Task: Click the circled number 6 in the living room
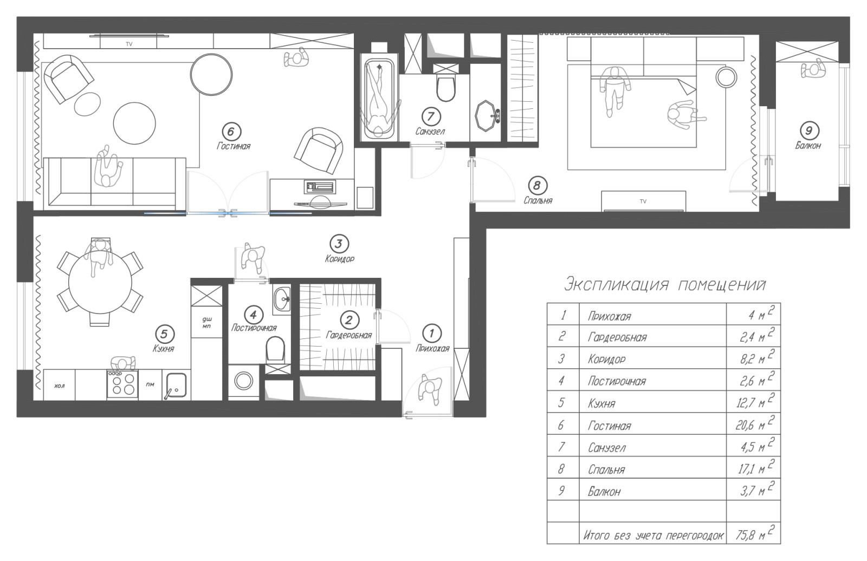(231, 132)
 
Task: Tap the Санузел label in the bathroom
(430, 132)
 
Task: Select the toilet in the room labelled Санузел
(445, 87)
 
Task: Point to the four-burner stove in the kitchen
(122, 384)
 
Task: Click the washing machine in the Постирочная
(243, 381)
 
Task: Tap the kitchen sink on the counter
(176, 384)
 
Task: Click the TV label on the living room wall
(129, 44)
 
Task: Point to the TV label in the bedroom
(643, 201)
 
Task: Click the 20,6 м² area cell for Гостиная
(753, 423)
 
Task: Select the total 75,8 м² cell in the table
(753, 533)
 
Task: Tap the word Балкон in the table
(604, 492)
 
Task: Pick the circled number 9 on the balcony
(808, 131)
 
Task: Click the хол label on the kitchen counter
(59, 386)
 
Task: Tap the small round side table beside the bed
(726, 77)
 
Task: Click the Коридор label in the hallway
(339, 259)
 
